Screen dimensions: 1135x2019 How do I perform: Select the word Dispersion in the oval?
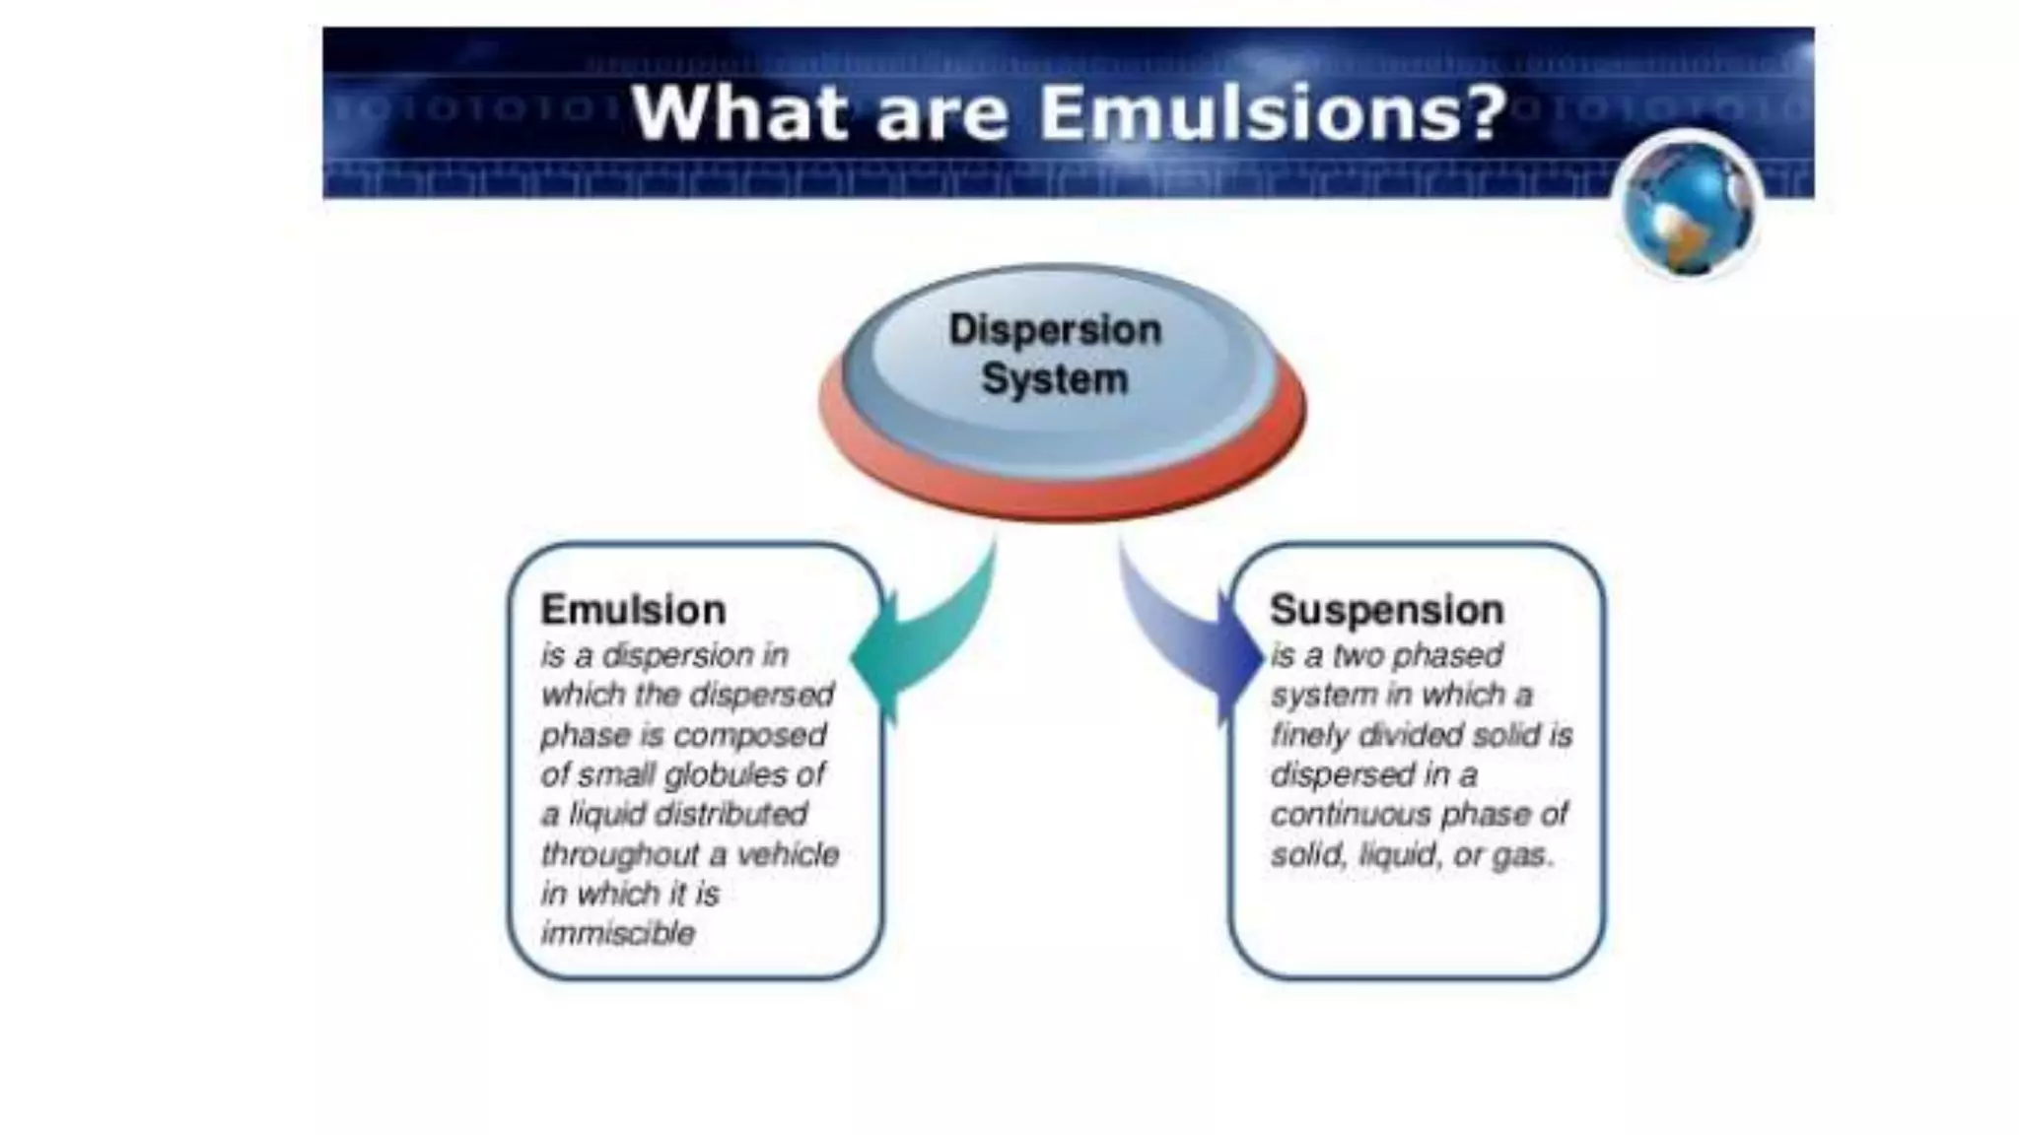coord(1055,330)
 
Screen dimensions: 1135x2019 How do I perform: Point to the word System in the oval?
coord(1055,379)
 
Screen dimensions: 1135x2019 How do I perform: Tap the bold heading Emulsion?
coord(633,610)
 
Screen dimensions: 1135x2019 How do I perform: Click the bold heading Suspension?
coord(1386,610)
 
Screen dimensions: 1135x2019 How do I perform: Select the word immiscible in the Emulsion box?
coord(618,933)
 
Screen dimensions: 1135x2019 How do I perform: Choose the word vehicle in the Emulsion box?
coord(788,853)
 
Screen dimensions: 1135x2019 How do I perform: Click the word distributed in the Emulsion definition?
coord(731,814)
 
